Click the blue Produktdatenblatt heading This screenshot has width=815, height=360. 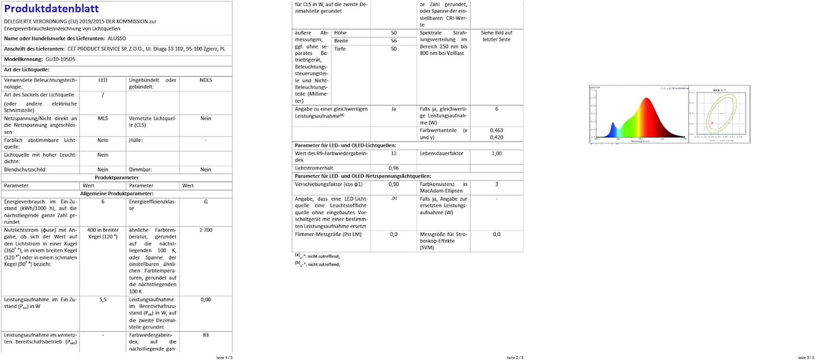[51, 8]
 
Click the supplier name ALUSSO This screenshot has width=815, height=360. [117, 38]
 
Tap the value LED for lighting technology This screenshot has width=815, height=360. [103, 80]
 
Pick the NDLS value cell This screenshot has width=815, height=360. [205, 80]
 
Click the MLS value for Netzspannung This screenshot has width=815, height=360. [103, 118]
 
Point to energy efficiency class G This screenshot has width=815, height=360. [205, 201]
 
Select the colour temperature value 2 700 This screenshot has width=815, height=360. [205, 231]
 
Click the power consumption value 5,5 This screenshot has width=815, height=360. [103, 300]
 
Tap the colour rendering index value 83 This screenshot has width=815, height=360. [205, 335]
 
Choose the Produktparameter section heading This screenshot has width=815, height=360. [117, 177]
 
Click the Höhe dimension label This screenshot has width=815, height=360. [341, 33]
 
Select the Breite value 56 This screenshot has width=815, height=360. [393, 41]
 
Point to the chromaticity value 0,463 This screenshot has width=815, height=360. [496, 130]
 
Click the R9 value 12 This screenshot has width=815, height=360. [393, 153]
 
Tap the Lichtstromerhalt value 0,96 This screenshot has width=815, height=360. [393, 168]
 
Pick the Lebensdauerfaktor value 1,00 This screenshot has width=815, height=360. [496, 153]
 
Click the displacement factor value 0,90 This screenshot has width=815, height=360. [393, 185]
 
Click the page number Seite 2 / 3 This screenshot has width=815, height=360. [516, 357]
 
